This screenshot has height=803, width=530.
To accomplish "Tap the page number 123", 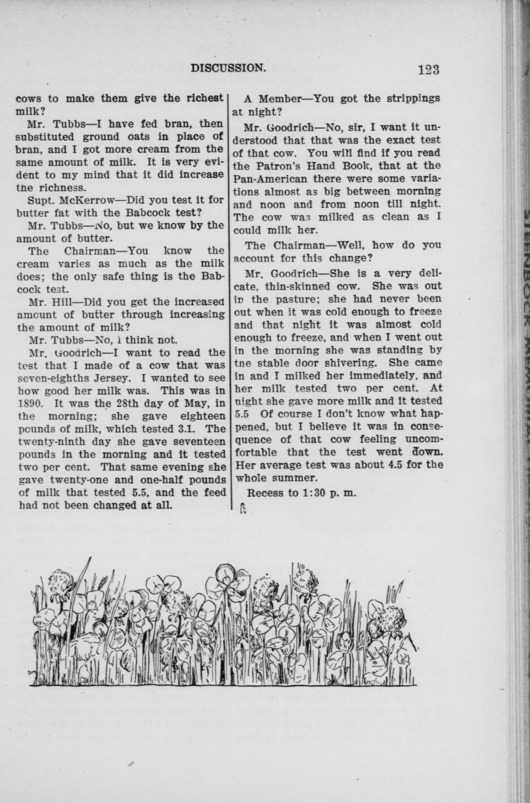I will [428, 70].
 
